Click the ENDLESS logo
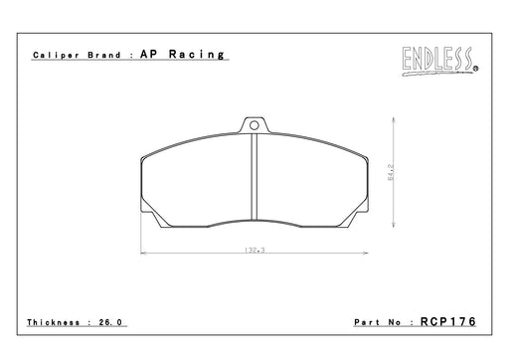point(439,61)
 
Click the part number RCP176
point(448,321)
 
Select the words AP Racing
point(182,54)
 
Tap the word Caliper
point(56,55)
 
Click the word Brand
point(104,55)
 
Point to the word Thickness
point(54,322)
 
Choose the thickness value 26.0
point(110,322)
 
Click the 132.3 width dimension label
point(254,250)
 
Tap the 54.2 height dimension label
point(391,172)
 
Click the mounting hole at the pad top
point(254,125)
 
